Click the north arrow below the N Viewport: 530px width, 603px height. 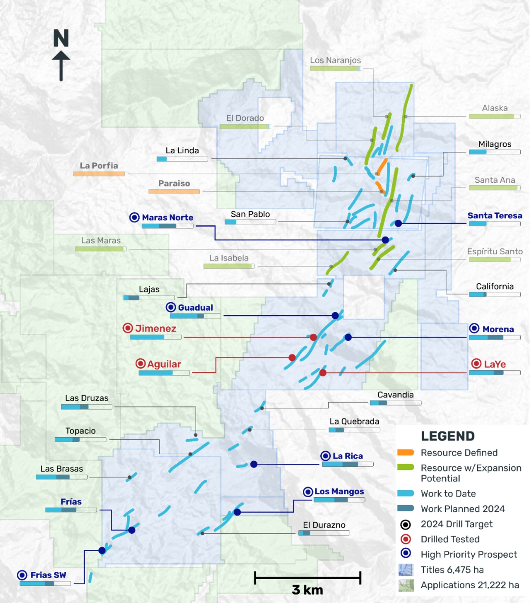61,66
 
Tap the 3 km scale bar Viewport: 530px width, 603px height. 307,578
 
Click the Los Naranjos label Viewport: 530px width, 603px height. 335,60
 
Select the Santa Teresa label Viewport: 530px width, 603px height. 494,216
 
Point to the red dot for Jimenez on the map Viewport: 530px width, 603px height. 313,337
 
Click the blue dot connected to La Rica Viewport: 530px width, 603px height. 254,464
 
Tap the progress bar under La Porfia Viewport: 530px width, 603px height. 99,174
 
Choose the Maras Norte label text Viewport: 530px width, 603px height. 167,218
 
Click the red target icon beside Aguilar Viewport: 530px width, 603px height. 140,363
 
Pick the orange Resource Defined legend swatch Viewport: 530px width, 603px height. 405,453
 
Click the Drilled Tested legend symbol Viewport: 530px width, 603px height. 406,539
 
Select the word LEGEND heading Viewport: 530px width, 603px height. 447,436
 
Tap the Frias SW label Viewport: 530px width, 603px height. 48,575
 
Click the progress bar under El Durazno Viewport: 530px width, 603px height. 324,533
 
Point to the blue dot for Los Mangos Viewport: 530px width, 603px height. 237,512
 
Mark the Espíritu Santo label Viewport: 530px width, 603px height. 494,252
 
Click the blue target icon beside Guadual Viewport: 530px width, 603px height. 171,307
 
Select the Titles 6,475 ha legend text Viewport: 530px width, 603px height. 452,570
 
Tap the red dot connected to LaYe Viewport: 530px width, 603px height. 323,373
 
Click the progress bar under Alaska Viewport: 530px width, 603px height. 494,116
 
